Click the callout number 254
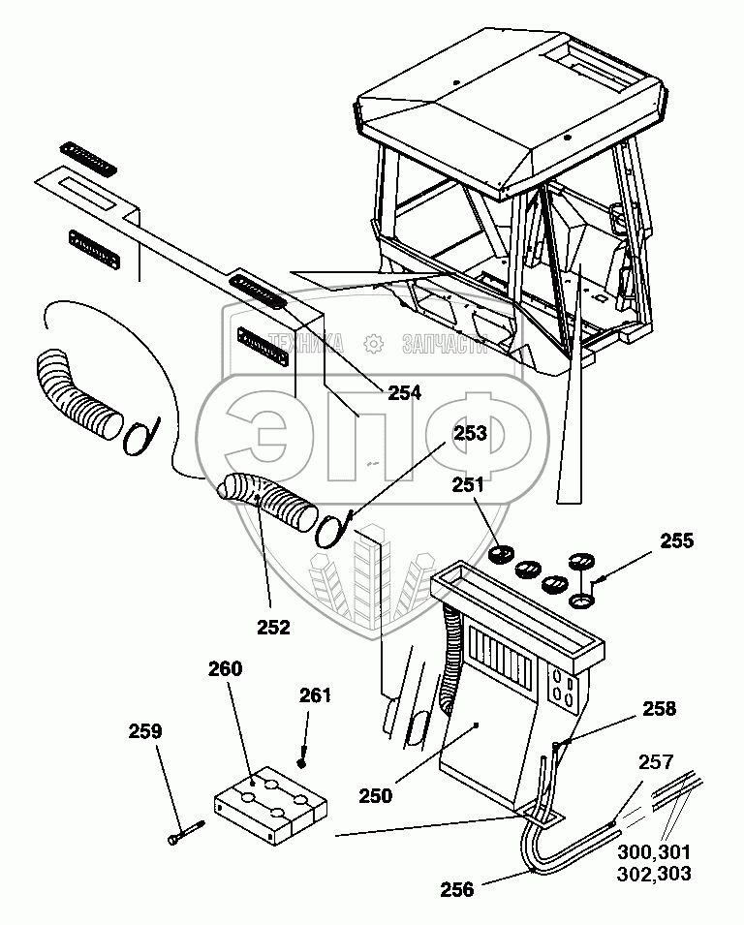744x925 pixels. pyautogui.click(x=405, y=393)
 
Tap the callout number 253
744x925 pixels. pyautogui.click(x=471, y=434)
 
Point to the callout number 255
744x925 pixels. pyautogui.click(x=676, y=541)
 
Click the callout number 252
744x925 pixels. pyautogui.click(x=273, y=627)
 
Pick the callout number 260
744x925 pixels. pyautogui.click(x=226, y=669)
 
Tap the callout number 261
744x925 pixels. pyautogui.click(x=316, y=695)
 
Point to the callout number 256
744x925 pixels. pyautogui.click(x=458, y=889)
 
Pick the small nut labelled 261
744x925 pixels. pyautogui.click(x=303, y=761)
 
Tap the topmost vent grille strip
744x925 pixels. pyautogui.click(x=89, y=158)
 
